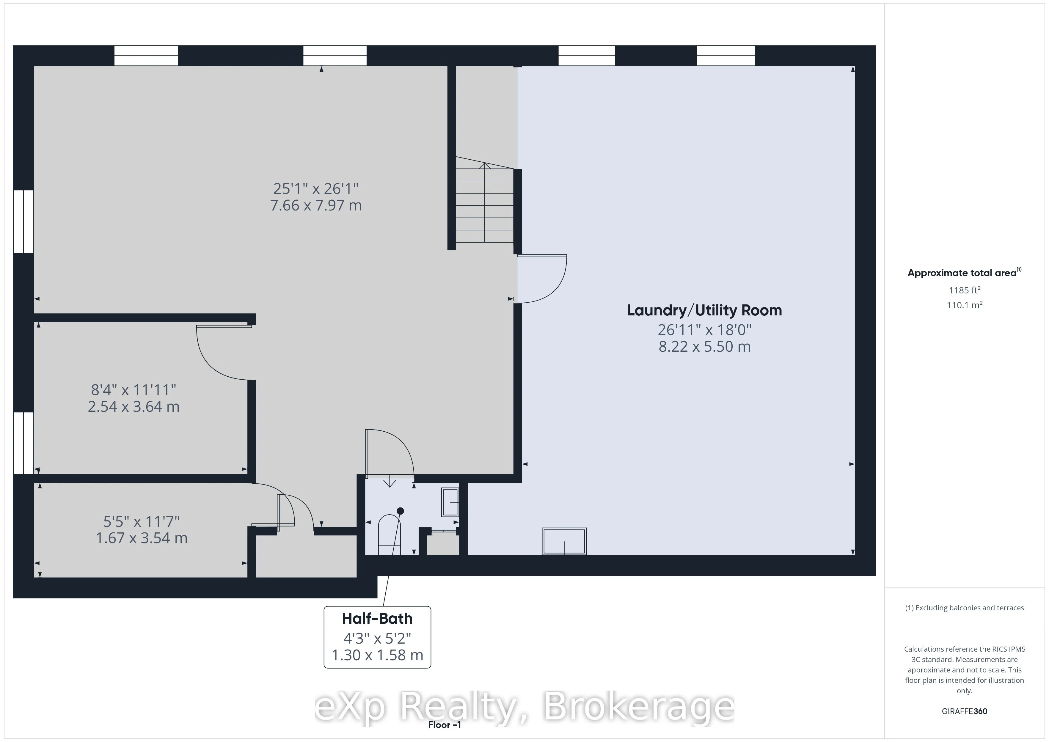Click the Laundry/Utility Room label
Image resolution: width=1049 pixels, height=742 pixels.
(x=704, y=310)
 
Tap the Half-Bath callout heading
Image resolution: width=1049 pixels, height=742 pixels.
(x=377, y=619)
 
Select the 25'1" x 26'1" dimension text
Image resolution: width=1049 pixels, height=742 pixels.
(x=316, y=188)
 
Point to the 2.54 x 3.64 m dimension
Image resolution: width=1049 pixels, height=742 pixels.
(x=134, y=406)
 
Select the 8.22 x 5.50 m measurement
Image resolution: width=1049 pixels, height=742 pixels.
(x=704, y=346)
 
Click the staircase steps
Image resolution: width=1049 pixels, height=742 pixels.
(x=484, y=206)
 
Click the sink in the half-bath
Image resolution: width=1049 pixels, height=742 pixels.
(x=450, y=503)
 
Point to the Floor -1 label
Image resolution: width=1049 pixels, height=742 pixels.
(x=444, y=725)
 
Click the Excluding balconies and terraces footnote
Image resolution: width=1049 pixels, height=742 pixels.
(x=964, y=608)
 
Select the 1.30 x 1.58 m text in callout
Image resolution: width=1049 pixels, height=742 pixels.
(x=377, y=655)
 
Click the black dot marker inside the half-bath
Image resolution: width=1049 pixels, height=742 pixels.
(x=400, y=511)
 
